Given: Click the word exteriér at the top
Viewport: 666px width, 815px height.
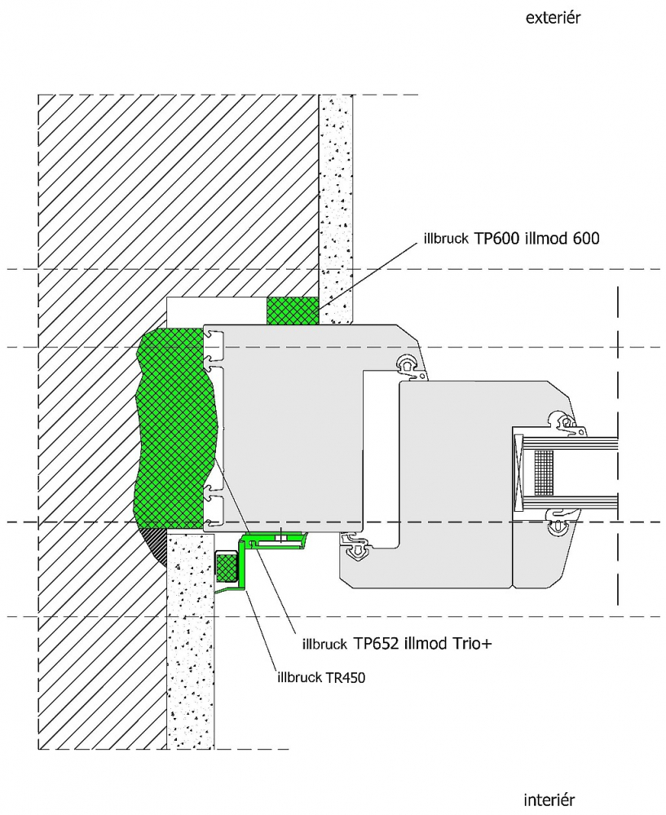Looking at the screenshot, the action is [x=554, y=18].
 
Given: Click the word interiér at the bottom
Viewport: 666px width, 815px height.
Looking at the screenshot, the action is [x=549, y=800].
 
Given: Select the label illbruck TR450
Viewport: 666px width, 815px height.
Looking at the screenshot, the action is [x=322, y=677].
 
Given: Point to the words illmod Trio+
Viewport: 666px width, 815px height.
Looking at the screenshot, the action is [x=448, y=644].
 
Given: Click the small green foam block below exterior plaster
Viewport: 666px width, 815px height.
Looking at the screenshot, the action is [x=292, y=311].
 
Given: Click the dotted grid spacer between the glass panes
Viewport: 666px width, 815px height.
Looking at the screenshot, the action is [x=544, y=472].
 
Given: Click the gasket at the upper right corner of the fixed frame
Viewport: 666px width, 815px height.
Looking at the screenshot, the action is [x=411, y=365].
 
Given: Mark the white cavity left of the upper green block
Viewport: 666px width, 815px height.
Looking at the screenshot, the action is [x=216, y=311].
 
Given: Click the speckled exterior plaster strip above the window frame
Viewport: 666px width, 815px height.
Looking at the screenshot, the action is [x=335, y=209].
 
